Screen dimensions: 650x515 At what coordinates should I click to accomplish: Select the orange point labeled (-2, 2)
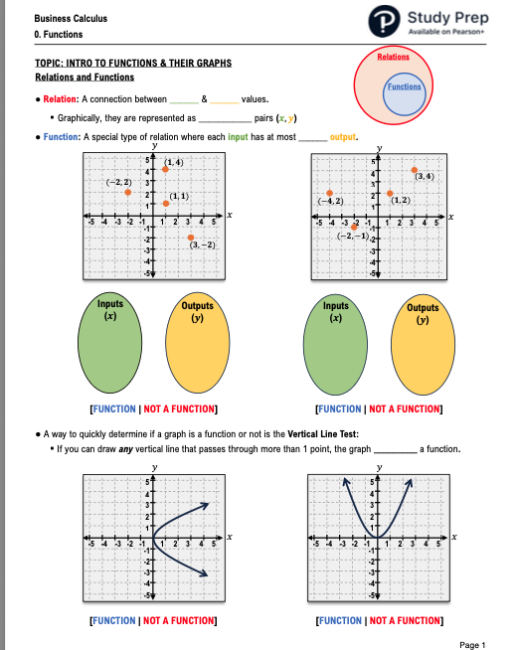coord(127,193)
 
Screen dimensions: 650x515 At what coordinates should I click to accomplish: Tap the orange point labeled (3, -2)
coord(191,237)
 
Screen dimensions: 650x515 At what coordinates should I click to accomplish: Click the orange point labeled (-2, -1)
coord(355,227)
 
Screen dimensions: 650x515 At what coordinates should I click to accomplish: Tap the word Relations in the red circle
coord(395,59)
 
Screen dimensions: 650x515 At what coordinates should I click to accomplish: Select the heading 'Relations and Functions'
coord(85,77)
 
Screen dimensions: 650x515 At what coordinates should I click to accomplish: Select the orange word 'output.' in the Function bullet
coord(343,137)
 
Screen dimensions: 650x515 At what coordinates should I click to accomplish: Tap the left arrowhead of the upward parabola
coord(347,483)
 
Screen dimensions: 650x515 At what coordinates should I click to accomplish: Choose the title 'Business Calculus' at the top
coord(71,19)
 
